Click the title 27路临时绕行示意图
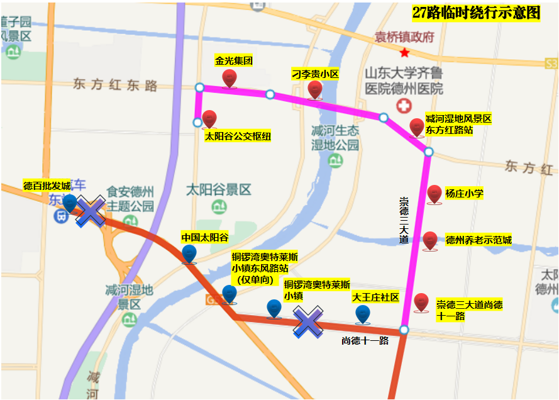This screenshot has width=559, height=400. [476, 13]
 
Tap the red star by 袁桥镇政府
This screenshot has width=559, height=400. [404, 52]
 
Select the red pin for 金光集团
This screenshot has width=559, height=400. [230, 79]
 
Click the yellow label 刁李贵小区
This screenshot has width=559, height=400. [315, 74]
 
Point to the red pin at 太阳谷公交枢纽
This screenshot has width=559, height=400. [209, 119]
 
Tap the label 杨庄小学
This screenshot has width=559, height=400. [464, 194]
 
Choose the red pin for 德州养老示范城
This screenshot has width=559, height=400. [429, 240]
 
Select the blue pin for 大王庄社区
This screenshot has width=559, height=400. [362, 314]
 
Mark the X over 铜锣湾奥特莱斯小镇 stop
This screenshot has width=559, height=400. [308, 322]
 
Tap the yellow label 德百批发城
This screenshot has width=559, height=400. [47, 186]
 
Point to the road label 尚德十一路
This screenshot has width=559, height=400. [365, 341]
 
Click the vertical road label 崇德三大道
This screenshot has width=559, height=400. [404, 220]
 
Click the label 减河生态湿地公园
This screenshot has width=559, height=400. [335, 138]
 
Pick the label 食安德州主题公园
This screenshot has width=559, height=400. [130, 198]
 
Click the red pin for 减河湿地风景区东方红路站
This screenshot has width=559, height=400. [416, 128]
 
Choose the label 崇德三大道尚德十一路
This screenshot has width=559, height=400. [469, 310]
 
